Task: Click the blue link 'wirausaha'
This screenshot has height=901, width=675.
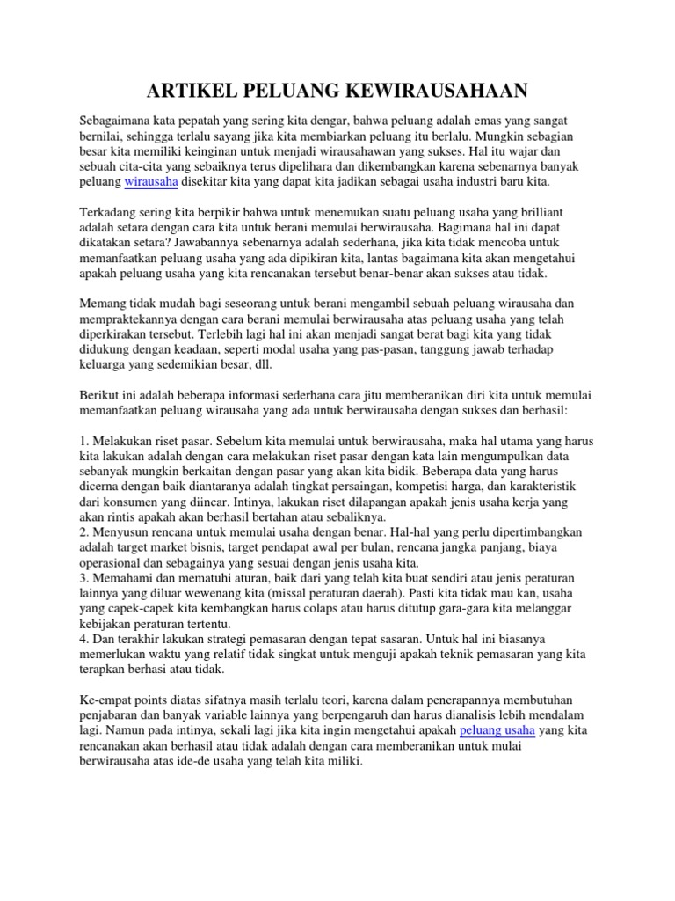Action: [x=151, y=181]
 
